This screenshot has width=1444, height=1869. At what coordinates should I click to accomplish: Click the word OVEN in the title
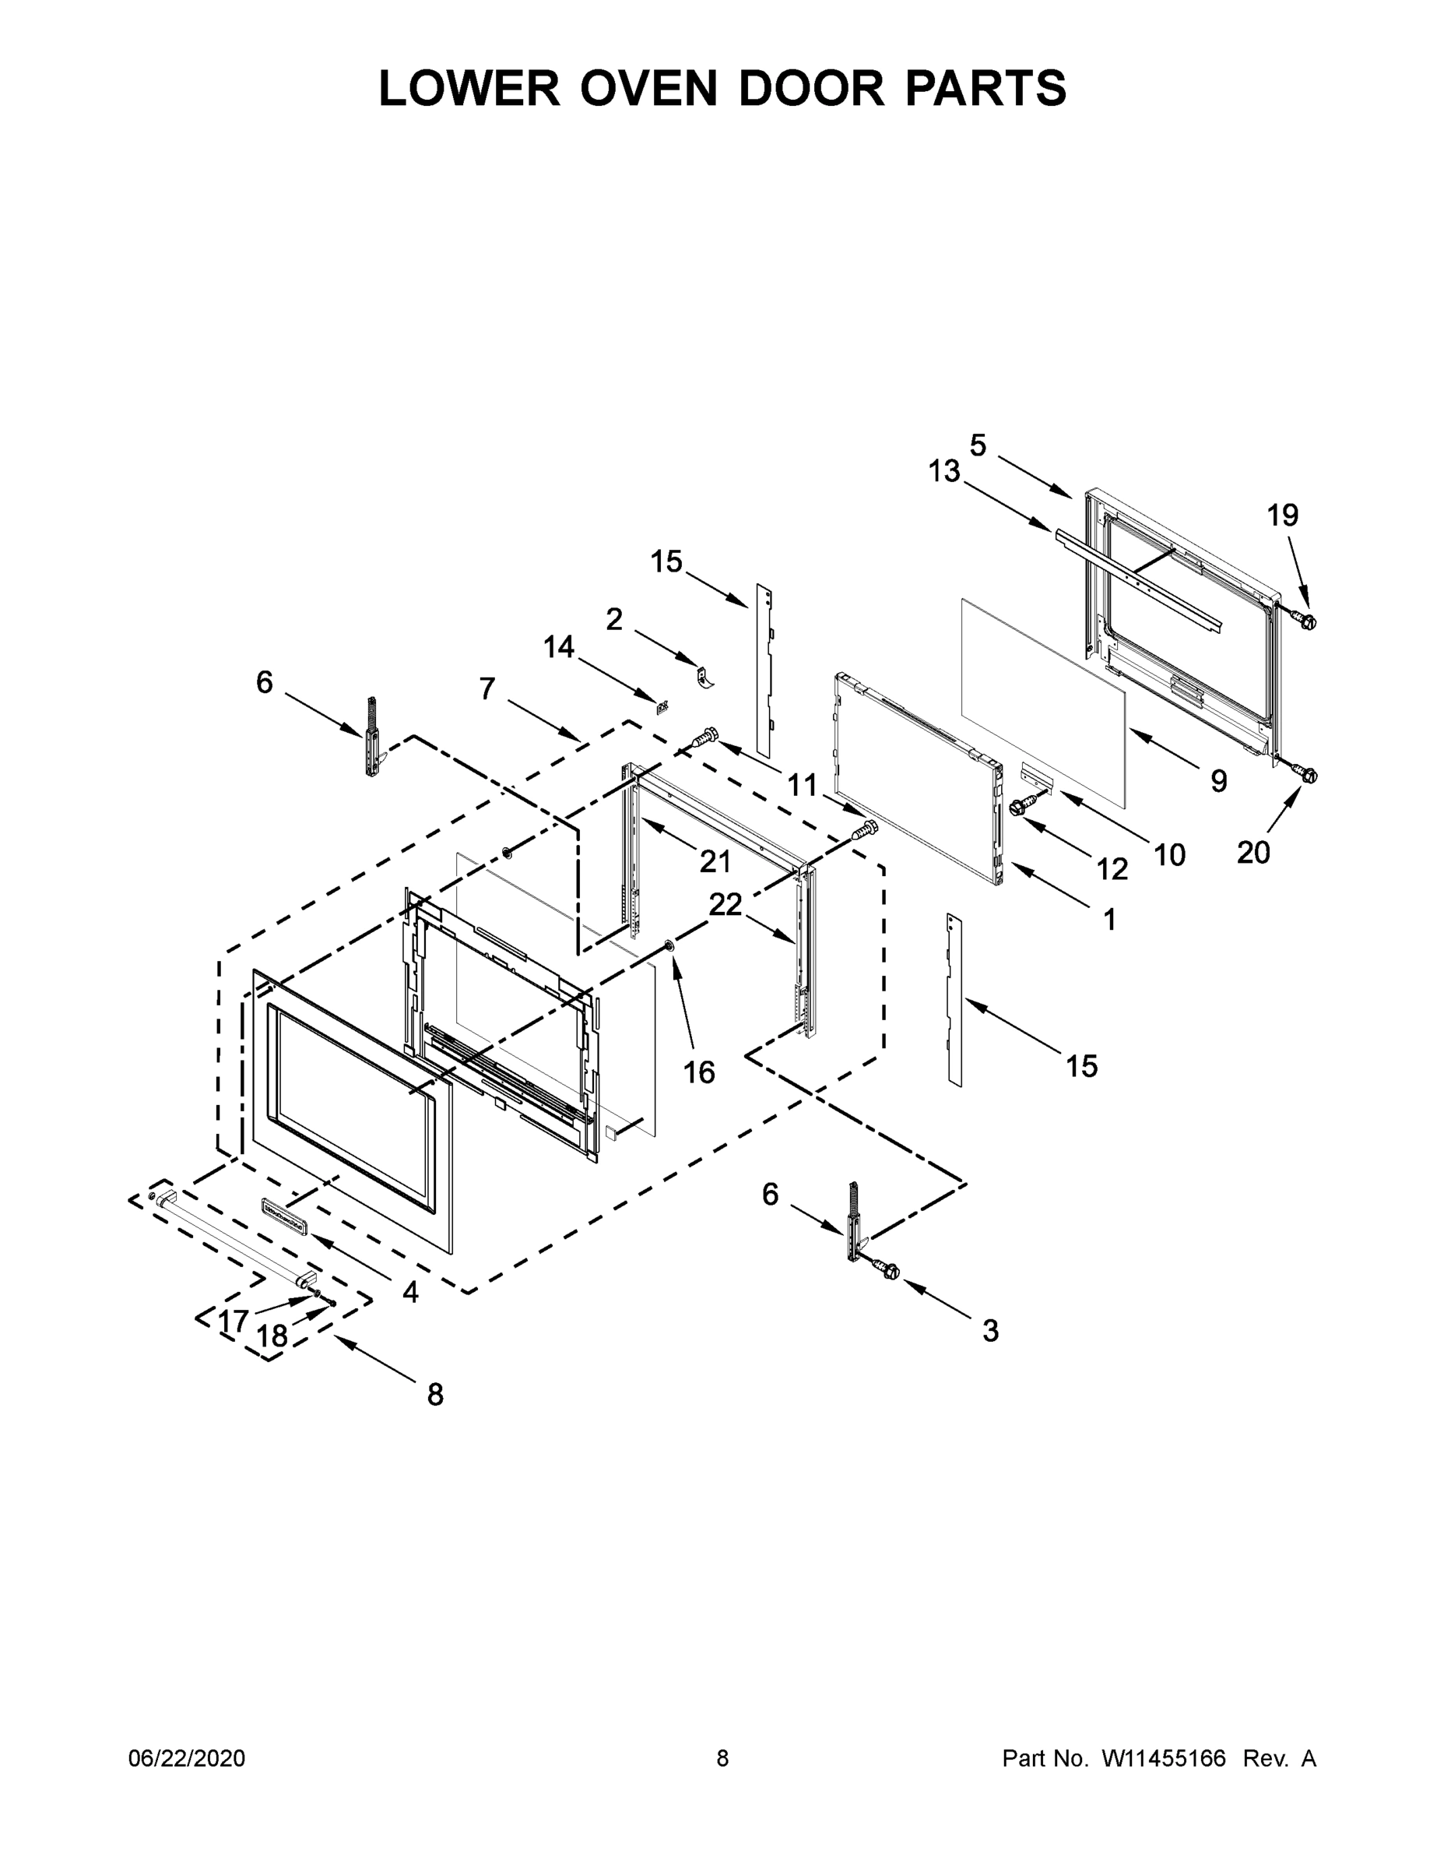tap(648, 88)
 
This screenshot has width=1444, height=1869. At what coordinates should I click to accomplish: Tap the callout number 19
tap(1282, 516)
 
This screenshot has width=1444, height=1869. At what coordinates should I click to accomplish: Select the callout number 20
tap(1253, 853)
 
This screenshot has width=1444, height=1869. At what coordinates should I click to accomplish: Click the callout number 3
tap(989, 1331)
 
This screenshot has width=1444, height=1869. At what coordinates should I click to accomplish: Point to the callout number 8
tap(434, 1395)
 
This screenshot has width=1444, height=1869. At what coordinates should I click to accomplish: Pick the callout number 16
tap(699, 1072)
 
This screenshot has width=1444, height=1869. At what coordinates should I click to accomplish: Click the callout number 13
tap(944, 471)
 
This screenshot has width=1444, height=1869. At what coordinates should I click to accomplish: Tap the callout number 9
tap(1218, 780)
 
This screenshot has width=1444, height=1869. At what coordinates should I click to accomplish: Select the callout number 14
tap(559, 647)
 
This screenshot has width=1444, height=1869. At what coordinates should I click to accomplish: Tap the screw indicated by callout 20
tap(1306, 776)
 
